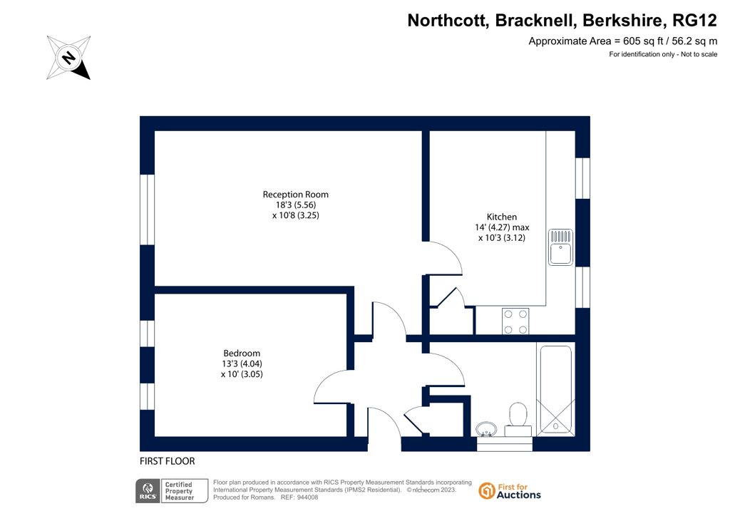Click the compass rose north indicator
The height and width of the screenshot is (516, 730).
[x=68, y=58]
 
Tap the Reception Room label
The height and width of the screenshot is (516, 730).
[x=296, y=195]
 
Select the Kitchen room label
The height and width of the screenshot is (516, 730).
[x=501, y=217]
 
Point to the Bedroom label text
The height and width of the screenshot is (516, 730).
[x=242, y=354]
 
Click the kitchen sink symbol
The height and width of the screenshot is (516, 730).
[x=560, y=247]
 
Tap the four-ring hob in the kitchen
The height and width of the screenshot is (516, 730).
[x=515, y=321]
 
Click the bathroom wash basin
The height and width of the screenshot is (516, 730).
[x=486, y=429]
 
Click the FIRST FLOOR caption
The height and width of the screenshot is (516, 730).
[x=167, y=461]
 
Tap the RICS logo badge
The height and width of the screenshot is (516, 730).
[x=148, y=491]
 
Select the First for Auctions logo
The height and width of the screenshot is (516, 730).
[x=510, y=491]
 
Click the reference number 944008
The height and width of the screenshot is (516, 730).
[x=307, y=497]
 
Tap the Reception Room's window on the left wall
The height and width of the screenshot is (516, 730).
[x=147, y=210]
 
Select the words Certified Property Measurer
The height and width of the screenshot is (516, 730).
[x=179, y=491]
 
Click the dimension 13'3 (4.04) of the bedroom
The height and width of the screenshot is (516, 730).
[x=242, y=364]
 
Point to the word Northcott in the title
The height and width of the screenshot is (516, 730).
[x=448, y=21]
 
